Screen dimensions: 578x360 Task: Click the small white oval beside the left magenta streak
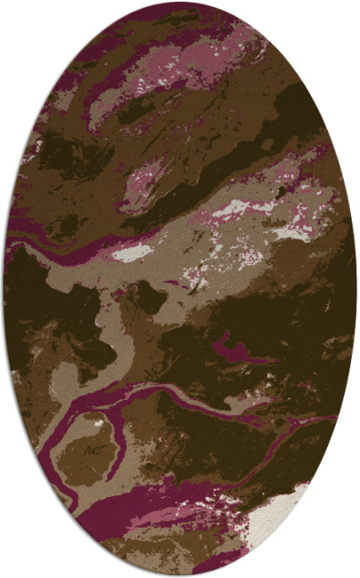click(x=134, y=253)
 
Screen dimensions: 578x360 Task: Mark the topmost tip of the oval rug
click(x=180, y=4)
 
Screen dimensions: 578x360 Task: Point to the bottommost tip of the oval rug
click(x=180, y=574)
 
